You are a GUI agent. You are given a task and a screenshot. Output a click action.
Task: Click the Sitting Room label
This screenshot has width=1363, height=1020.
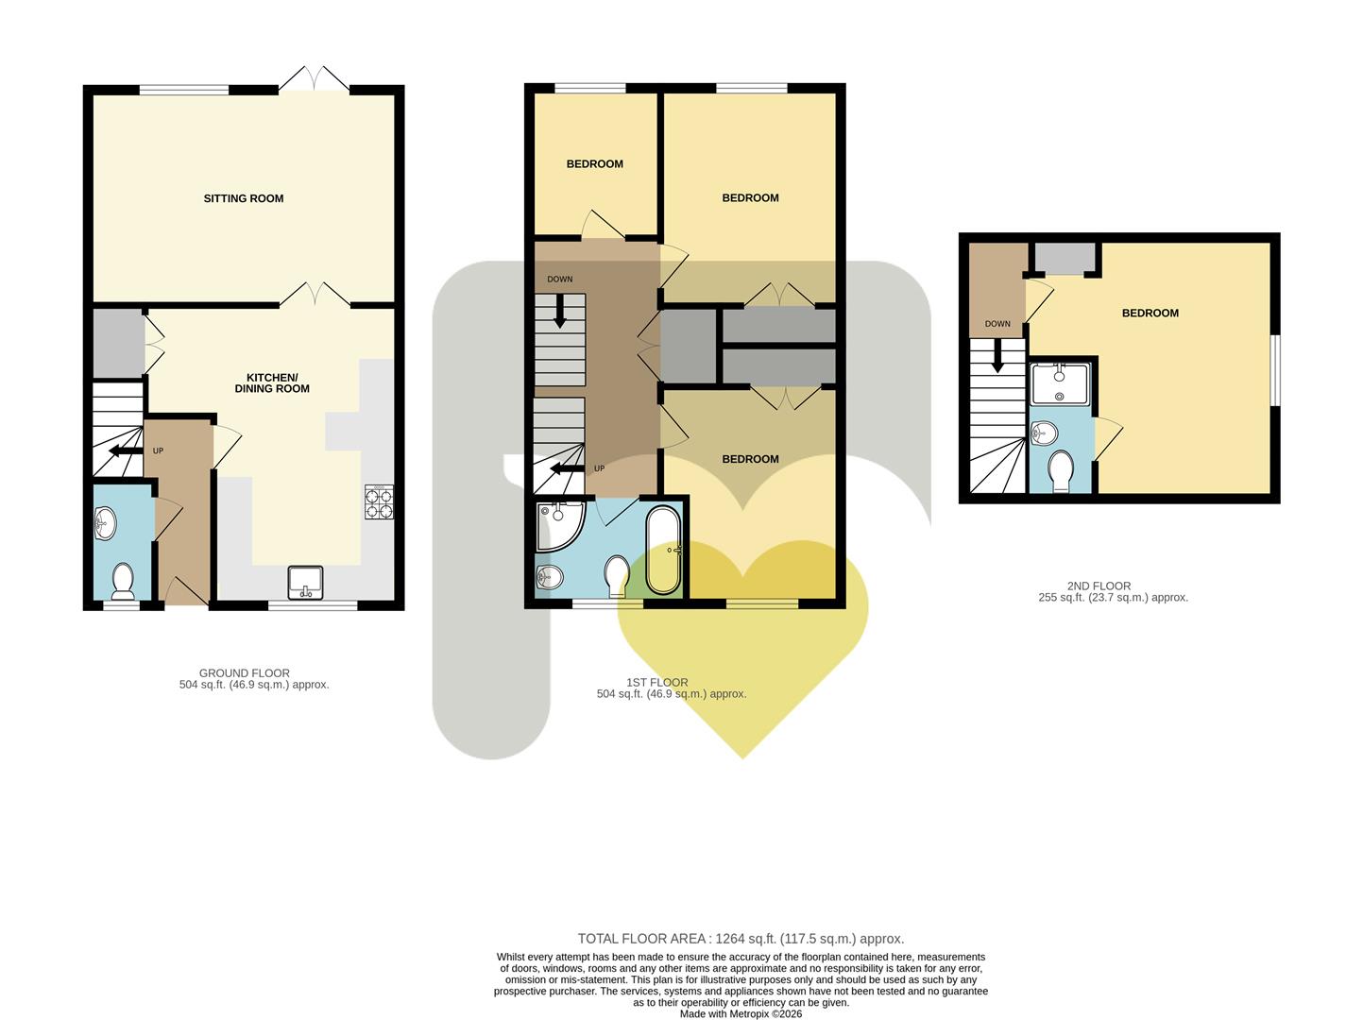(x=244, y=198)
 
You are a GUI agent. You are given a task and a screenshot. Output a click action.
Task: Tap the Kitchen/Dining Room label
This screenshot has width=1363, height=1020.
(x=272, y=383)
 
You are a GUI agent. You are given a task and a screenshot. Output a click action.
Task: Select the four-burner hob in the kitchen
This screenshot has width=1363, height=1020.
(x=379, y=502)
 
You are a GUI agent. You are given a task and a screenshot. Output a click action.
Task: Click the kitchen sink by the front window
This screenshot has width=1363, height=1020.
(x=305, y=583)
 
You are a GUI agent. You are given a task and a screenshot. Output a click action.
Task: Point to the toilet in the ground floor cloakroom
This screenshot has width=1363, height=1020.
(x=123, y=581)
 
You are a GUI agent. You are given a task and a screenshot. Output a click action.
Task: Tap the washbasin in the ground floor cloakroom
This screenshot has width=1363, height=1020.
(x=105, y=523)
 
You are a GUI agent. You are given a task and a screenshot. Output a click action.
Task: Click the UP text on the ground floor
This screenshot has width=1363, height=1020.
(x=159, y=450)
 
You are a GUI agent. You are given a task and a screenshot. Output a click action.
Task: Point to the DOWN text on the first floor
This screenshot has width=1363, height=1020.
(x=559, y=280)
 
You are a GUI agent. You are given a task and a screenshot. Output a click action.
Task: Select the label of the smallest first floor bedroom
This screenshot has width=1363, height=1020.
(x=594, y=164)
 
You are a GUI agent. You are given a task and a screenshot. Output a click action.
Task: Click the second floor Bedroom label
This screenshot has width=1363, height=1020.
(x=1150, y=314)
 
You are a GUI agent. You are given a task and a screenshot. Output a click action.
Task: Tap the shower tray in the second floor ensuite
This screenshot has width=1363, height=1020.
(x=1060, y=384)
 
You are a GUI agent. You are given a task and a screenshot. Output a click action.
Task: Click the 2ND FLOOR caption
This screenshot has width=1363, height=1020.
(x=1099, y=586)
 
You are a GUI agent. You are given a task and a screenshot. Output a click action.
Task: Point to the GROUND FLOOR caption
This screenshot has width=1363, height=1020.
(x=244, y=673)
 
